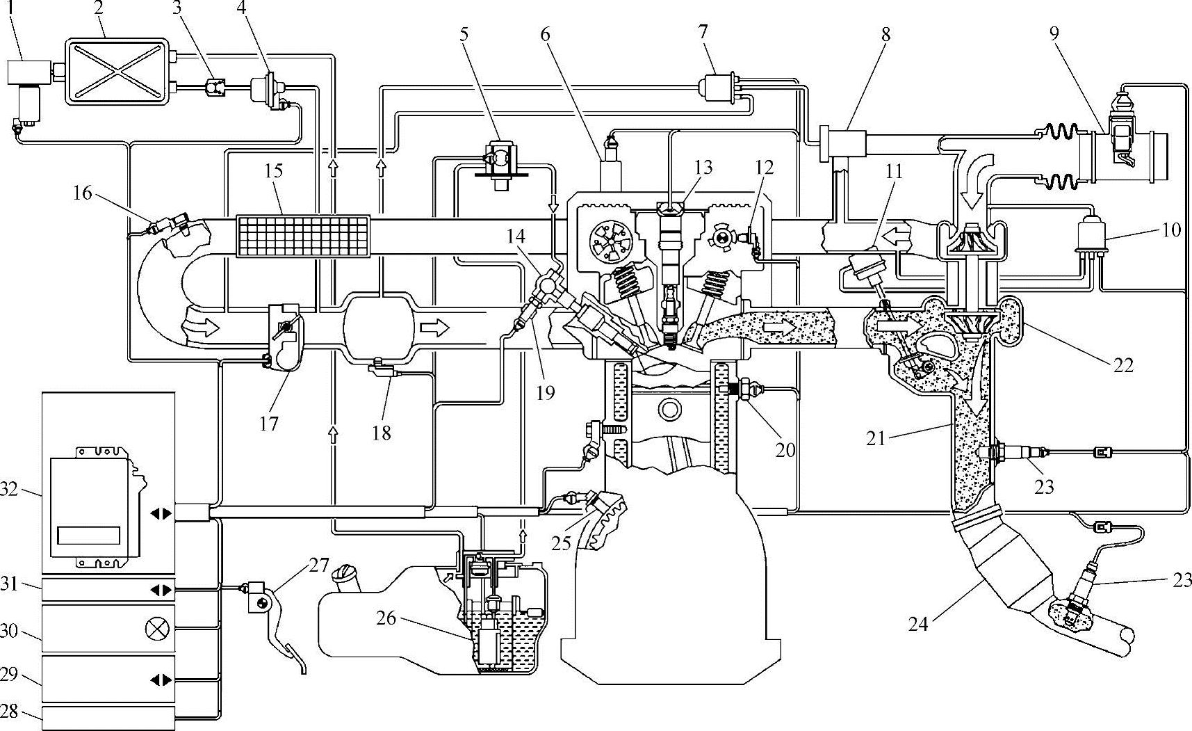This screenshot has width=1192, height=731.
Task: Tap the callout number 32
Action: pyautogui.click(x=10, y=490)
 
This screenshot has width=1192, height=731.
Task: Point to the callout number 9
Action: pyautogui.click(x=1054, y=33)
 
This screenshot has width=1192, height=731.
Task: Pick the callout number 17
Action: pyautogui.click(x=268, y=423)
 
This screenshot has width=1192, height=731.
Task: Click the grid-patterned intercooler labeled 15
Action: pyautogui.click(x=303, y=236)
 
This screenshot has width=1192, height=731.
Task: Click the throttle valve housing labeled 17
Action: pyautogui.click(x=285, y=338)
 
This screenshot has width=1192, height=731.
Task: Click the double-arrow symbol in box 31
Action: pyautogui.click(x=160, y=590)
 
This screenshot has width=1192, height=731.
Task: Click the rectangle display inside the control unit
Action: pyautogui.click(x=88, y=535)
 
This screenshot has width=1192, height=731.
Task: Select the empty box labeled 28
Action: pyautogui.click(x=108, y=718)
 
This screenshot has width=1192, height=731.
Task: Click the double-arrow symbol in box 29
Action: pyautogui.click(x=160, y=680)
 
